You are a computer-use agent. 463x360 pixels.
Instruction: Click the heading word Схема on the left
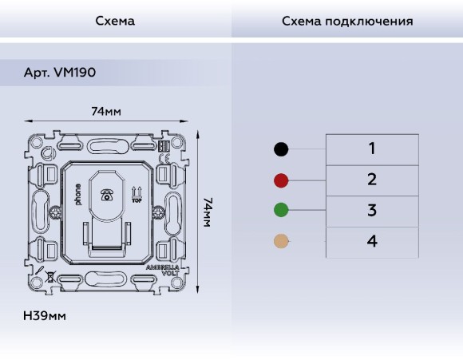pos(115,21)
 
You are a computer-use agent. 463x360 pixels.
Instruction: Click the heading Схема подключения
pos(347,21)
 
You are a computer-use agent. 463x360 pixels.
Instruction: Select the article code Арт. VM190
pos(60,73)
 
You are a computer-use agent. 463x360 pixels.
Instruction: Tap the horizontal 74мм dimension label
pos(106,112)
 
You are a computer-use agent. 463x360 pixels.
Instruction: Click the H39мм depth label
pos(45,316)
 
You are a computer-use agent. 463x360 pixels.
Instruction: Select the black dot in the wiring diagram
pos(281,148)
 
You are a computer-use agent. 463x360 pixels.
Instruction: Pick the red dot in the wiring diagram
pos(281,180)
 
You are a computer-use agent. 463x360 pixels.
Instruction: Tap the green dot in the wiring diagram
pos(281,211)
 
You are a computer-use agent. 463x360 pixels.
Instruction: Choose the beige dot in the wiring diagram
pos(281,241)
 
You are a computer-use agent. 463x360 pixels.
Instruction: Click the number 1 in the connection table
pos(371,148)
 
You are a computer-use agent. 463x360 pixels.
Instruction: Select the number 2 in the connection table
pos(371,180)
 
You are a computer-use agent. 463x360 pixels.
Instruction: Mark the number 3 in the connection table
pos(371,211)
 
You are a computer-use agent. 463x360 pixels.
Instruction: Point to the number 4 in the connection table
pos(371,241)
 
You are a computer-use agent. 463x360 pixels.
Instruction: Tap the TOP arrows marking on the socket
pos(136,194)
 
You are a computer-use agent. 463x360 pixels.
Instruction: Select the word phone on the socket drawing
pos(78,196)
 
